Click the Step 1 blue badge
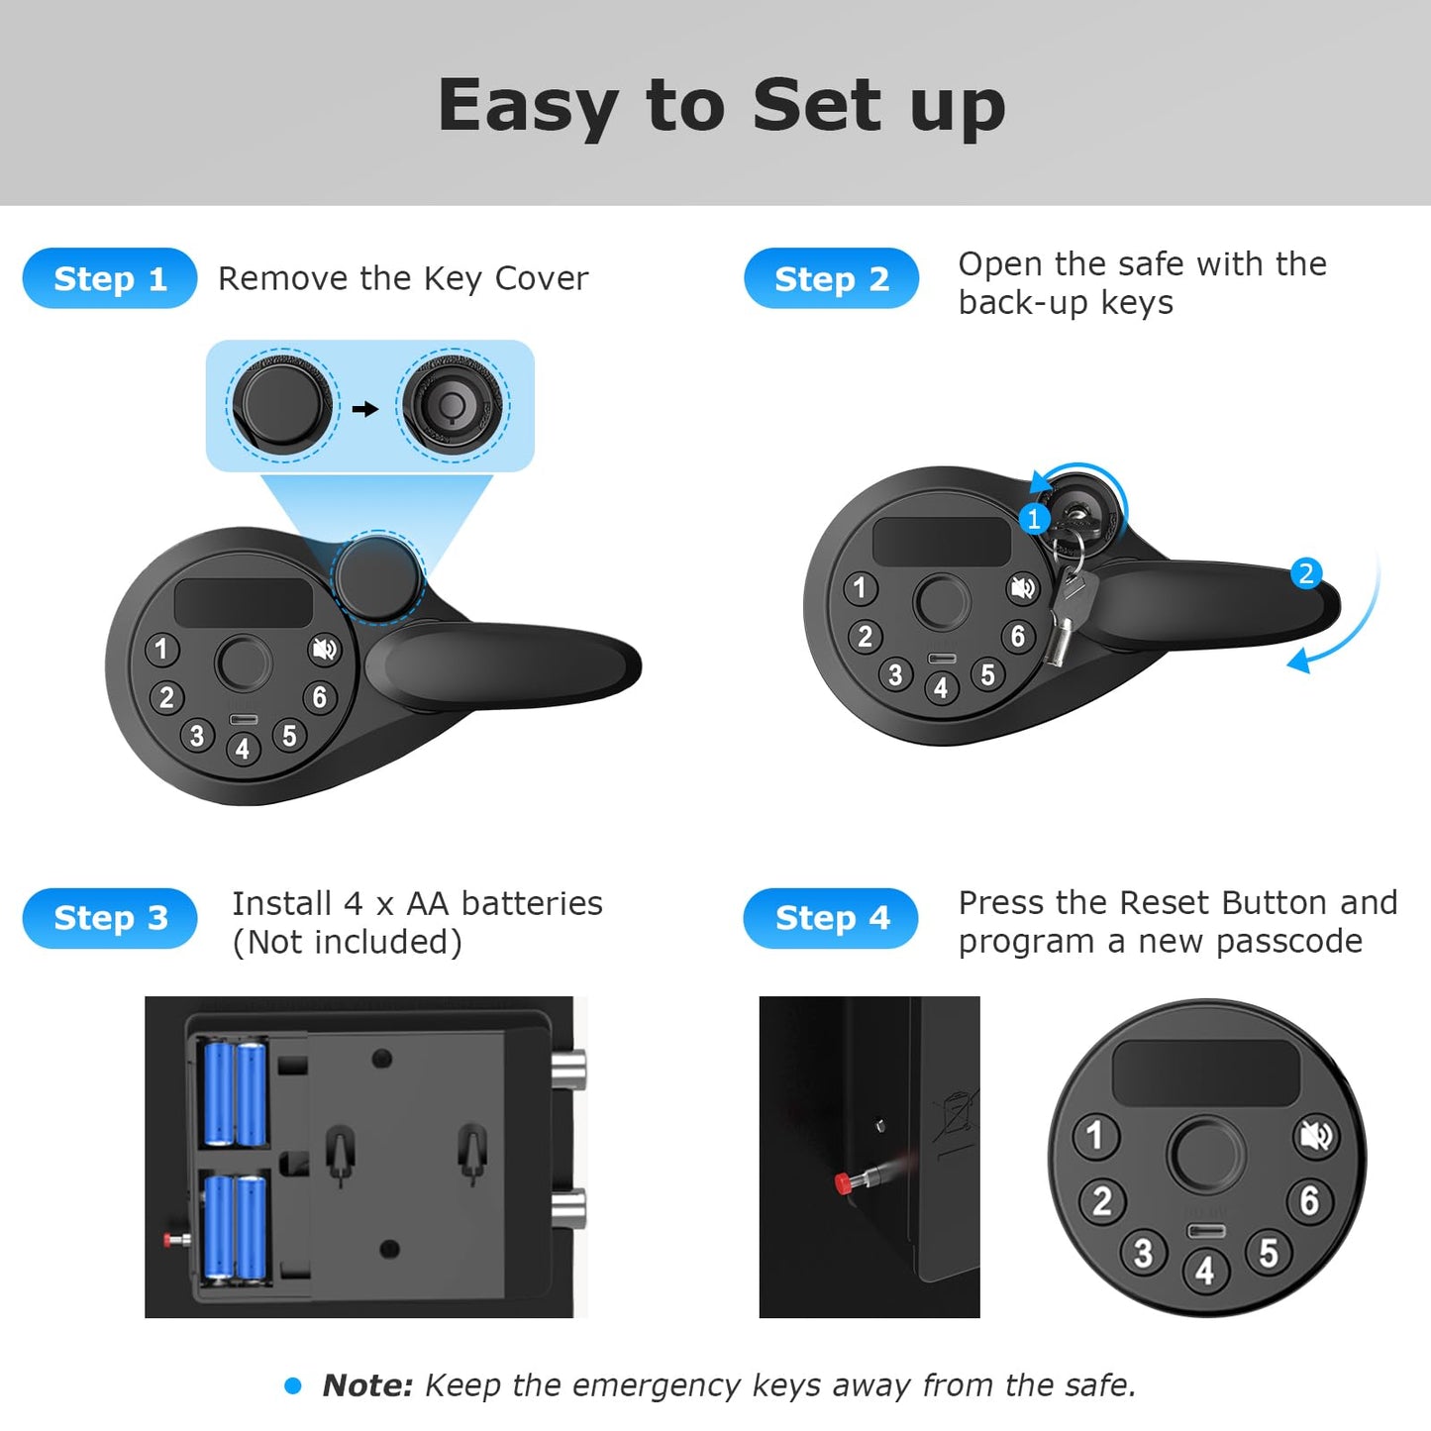coord(110,278)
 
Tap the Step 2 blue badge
coord(831,278)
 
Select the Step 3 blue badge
coord(110,918)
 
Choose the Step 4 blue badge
coord(831,918)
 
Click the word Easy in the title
coord(528,107)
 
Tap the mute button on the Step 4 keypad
coord(1317,1136)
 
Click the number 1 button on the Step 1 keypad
coord(161,649)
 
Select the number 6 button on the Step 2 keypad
coord(1017,636)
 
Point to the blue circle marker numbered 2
coord(1306,573)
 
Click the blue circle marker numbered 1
coord(1034,518)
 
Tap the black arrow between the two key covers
coord(364,408)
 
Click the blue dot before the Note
coord(293,1385)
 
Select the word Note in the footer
coord(367,1385)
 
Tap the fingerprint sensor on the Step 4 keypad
coord(1206,1156)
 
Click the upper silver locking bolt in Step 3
coord(568,1070)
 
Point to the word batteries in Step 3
coord(532,904)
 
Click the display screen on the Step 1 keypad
coord(244,602)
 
